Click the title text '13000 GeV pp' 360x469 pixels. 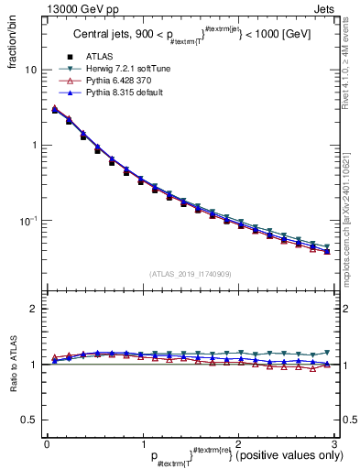coord(58,8)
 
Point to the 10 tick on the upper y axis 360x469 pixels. coord(30,70)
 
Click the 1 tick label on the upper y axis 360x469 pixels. coord(34,146)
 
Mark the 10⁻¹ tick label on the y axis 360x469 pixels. coord(28,221)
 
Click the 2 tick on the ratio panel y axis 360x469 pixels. coord(34,310)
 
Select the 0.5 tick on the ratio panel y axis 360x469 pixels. coord(29,420)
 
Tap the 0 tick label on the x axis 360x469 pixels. coord(46,442)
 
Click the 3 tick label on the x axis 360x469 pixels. coord(335,442)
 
